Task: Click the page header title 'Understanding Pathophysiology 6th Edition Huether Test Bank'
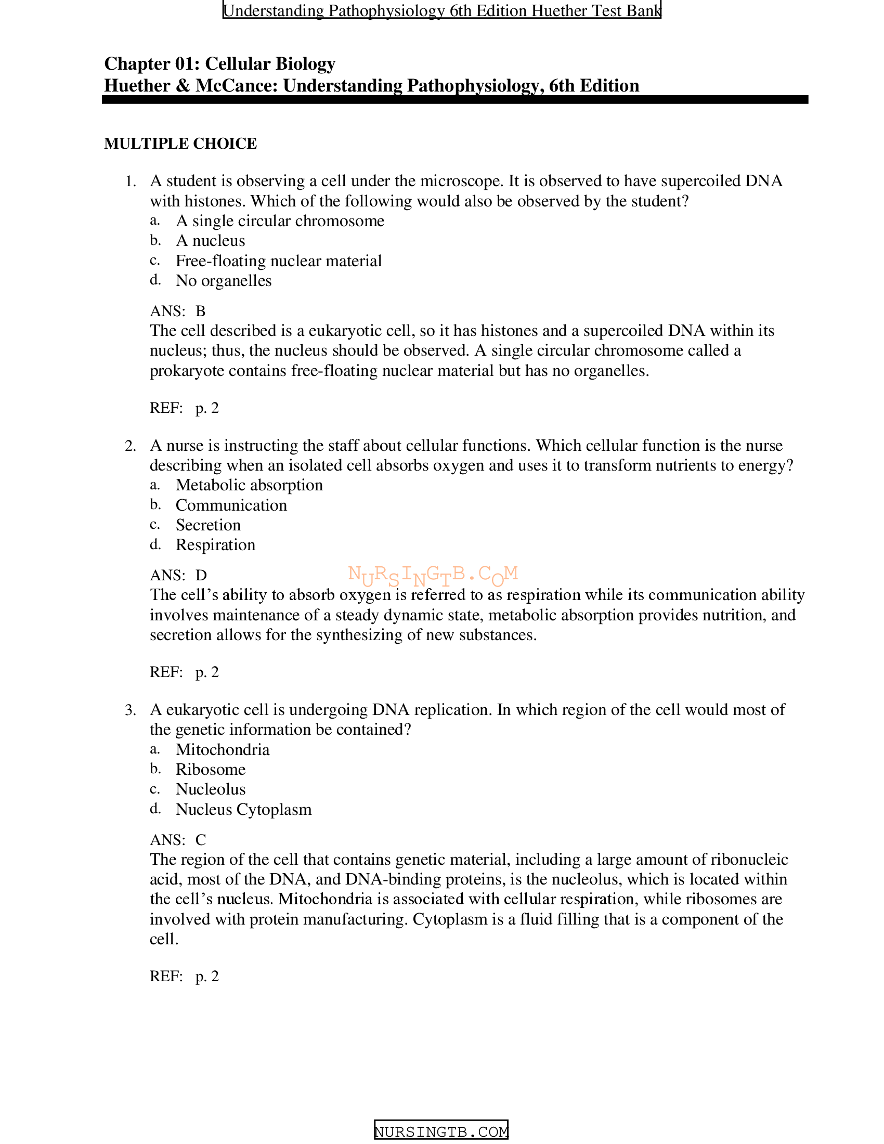[x=441, y=10]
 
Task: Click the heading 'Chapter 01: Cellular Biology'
[x=219, y=63]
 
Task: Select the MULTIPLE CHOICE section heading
[x=180, y=144]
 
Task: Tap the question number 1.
[x=131, y=181]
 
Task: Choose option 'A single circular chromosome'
[x=280, y=221]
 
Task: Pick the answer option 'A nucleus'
[x=210, y=241]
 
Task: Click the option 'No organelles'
[x=223, y=281]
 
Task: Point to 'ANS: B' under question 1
[x=177, y=311]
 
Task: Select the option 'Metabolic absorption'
[x=249, y=485]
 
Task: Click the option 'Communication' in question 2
[x=231, y=505]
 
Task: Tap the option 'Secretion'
[x=208, y=525]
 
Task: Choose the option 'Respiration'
[x=215, y=545]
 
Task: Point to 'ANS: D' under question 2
[x=178, y=575]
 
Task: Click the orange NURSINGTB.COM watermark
[x=433, y=575]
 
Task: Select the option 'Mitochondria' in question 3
[x=223, y=749]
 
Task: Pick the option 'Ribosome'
[x=211, y=770]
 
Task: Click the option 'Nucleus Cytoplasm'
[x=243, y=809]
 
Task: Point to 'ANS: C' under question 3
[x=177, y=840]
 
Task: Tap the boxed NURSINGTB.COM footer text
[x=441, y=1132]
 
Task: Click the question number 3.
[x=131, y=710]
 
